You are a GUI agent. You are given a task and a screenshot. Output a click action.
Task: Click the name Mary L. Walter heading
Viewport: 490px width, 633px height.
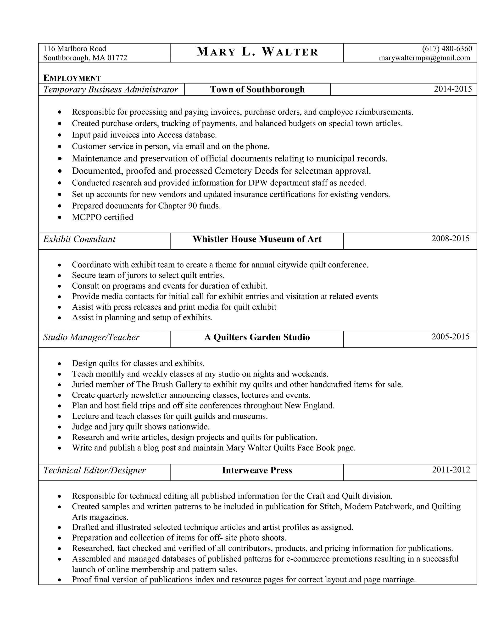257,52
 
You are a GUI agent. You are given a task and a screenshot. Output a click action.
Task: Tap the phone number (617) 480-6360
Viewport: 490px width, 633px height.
447,48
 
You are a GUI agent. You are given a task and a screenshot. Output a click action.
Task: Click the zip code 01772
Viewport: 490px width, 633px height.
117,58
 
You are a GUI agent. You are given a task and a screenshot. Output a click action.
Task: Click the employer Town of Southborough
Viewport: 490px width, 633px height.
257,89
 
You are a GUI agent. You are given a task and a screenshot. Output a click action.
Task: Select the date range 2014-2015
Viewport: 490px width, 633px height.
453,89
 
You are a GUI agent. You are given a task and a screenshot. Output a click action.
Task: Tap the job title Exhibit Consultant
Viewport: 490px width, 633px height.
79,239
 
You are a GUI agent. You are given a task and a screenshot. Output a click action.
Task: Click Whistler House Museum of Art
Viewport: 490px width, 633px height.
257,239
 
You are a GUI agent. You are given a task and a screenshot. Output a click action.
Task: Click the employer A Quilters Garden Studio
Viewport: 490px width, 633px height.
257,337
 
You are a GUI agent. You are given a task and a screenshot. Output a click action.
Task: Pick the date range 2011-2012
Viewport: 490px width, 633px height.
451,470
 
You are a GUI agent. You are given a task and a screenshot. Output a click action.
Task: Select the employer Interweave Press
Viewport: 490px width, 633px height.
257,470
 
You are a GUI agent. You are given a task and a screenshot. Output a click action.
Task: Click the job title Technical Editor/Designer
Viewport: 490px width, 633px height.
94,470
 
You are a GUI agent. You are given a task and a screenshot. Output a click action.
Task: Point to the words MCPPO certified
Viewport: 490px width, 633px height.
102,217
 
